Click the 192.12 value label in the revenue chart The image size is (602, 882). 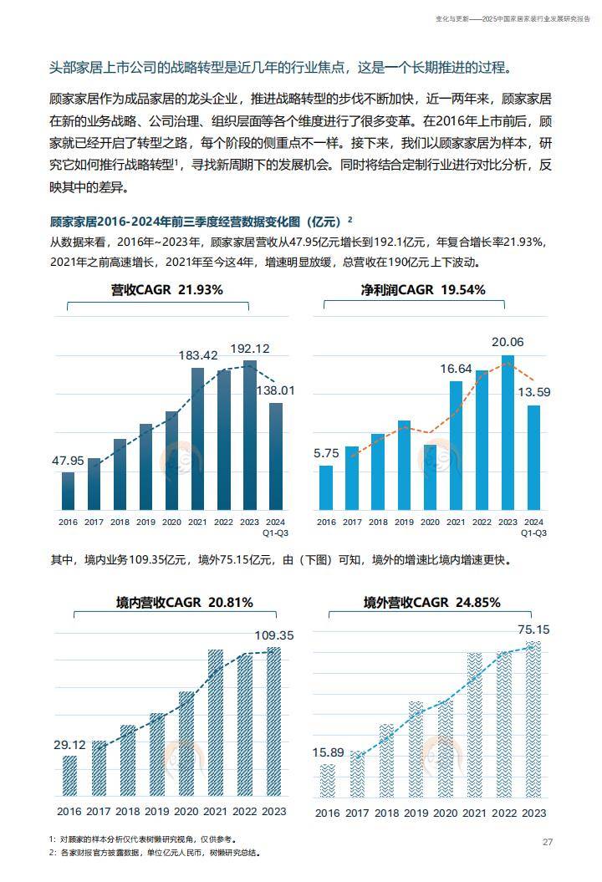click(x=250, y=349)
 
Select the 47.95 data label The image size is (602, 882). click(x=68, y=460)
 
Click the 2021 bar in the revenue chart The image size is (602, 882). click(x=197, y=439)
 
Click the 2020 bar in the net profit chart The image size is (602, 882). click(x=430, y=477)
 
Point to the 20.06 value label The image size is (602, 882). click(x=508, y=341)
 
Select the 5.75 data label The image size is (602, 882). click(x=326, y=453)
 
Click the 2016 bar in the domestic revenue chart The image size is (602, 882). click(x=70, y=775)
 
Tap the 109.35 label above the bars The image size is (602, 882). click(x=274, y=635)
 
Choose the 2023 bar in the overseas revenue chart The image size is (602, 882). click(x=533, y=719)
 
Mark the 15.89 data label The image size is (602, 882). click(x=329, y=752)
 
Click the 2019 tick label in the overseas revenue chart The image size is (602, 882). click(x=405, y=813)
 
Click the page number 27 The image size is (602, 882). click(x=548, y=842)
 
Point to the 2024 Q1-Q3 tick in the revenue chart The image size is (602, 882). click(x=275, y=527)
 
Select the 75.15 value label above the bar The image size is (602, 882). click(x=533, y=629)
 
